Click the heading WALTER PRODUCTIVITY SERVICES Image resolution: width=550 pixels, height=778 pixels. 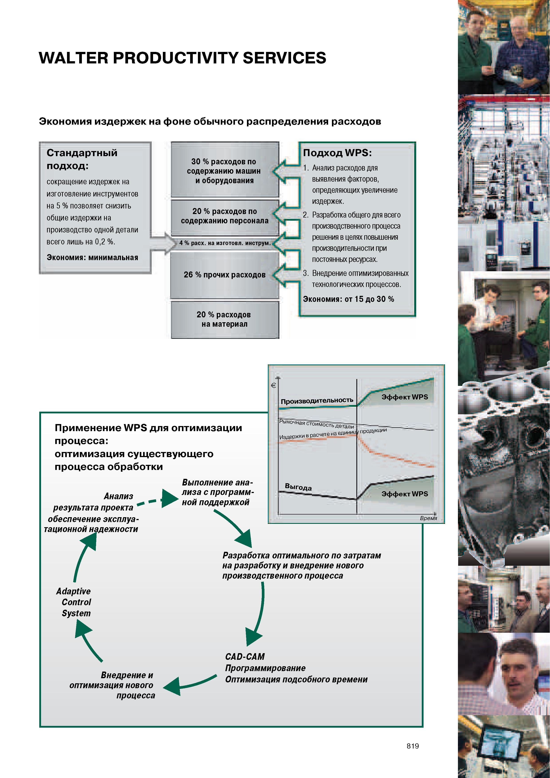coord(182,58)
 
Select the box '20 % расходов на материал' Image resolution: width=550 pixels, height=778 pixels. coord(225,320)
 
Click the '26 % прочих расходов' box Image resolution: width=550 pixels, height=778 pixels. coord(225,275)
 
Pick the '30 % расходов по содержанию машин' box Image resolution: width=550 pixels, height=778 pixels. coord(225,169)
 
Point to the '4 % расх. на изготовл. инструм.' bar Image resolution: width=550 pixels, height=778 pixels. coord(225,243)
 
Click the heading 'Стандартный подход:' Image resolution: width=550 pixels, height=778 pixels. coord(82,159)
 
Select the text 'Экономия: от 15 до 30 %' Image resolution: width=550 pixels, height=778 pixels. coord(348,299)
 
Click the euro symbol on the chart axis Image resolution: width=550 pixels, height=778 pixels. coord(274,385)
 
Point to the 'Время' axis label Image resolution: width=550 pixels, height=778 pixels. coord(428,518)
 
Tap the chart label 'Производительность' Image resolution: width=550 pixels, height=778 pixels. coord(317,401)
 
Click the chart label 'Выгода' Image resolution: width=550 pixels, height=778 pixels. coord(298,487)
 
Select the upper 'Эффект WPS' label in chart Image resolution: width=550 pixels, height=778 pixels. coord(405,397)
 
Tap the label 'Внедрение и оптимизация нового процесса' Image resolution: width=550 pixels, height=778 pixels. coord(112,685)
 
